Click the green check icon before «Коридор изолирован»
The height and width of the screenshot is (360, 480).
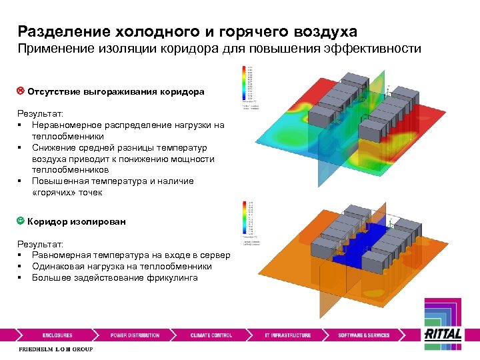point(21,221)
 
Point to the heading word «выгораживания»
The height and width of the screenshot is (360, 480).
point(123,91)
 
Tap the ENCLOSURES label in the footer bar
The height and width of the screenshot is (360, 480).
point(57,335)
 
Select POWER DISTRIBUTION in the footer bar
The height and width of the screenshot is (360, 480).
point(135,335)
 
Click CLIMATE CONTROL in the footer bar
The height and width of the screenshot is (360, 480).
point(211,335)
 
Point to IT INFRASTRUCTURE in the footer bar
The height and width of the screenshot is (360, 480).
point(288,335)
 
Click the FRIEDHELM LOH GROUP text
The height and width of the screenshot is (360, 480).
point(55,349)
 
